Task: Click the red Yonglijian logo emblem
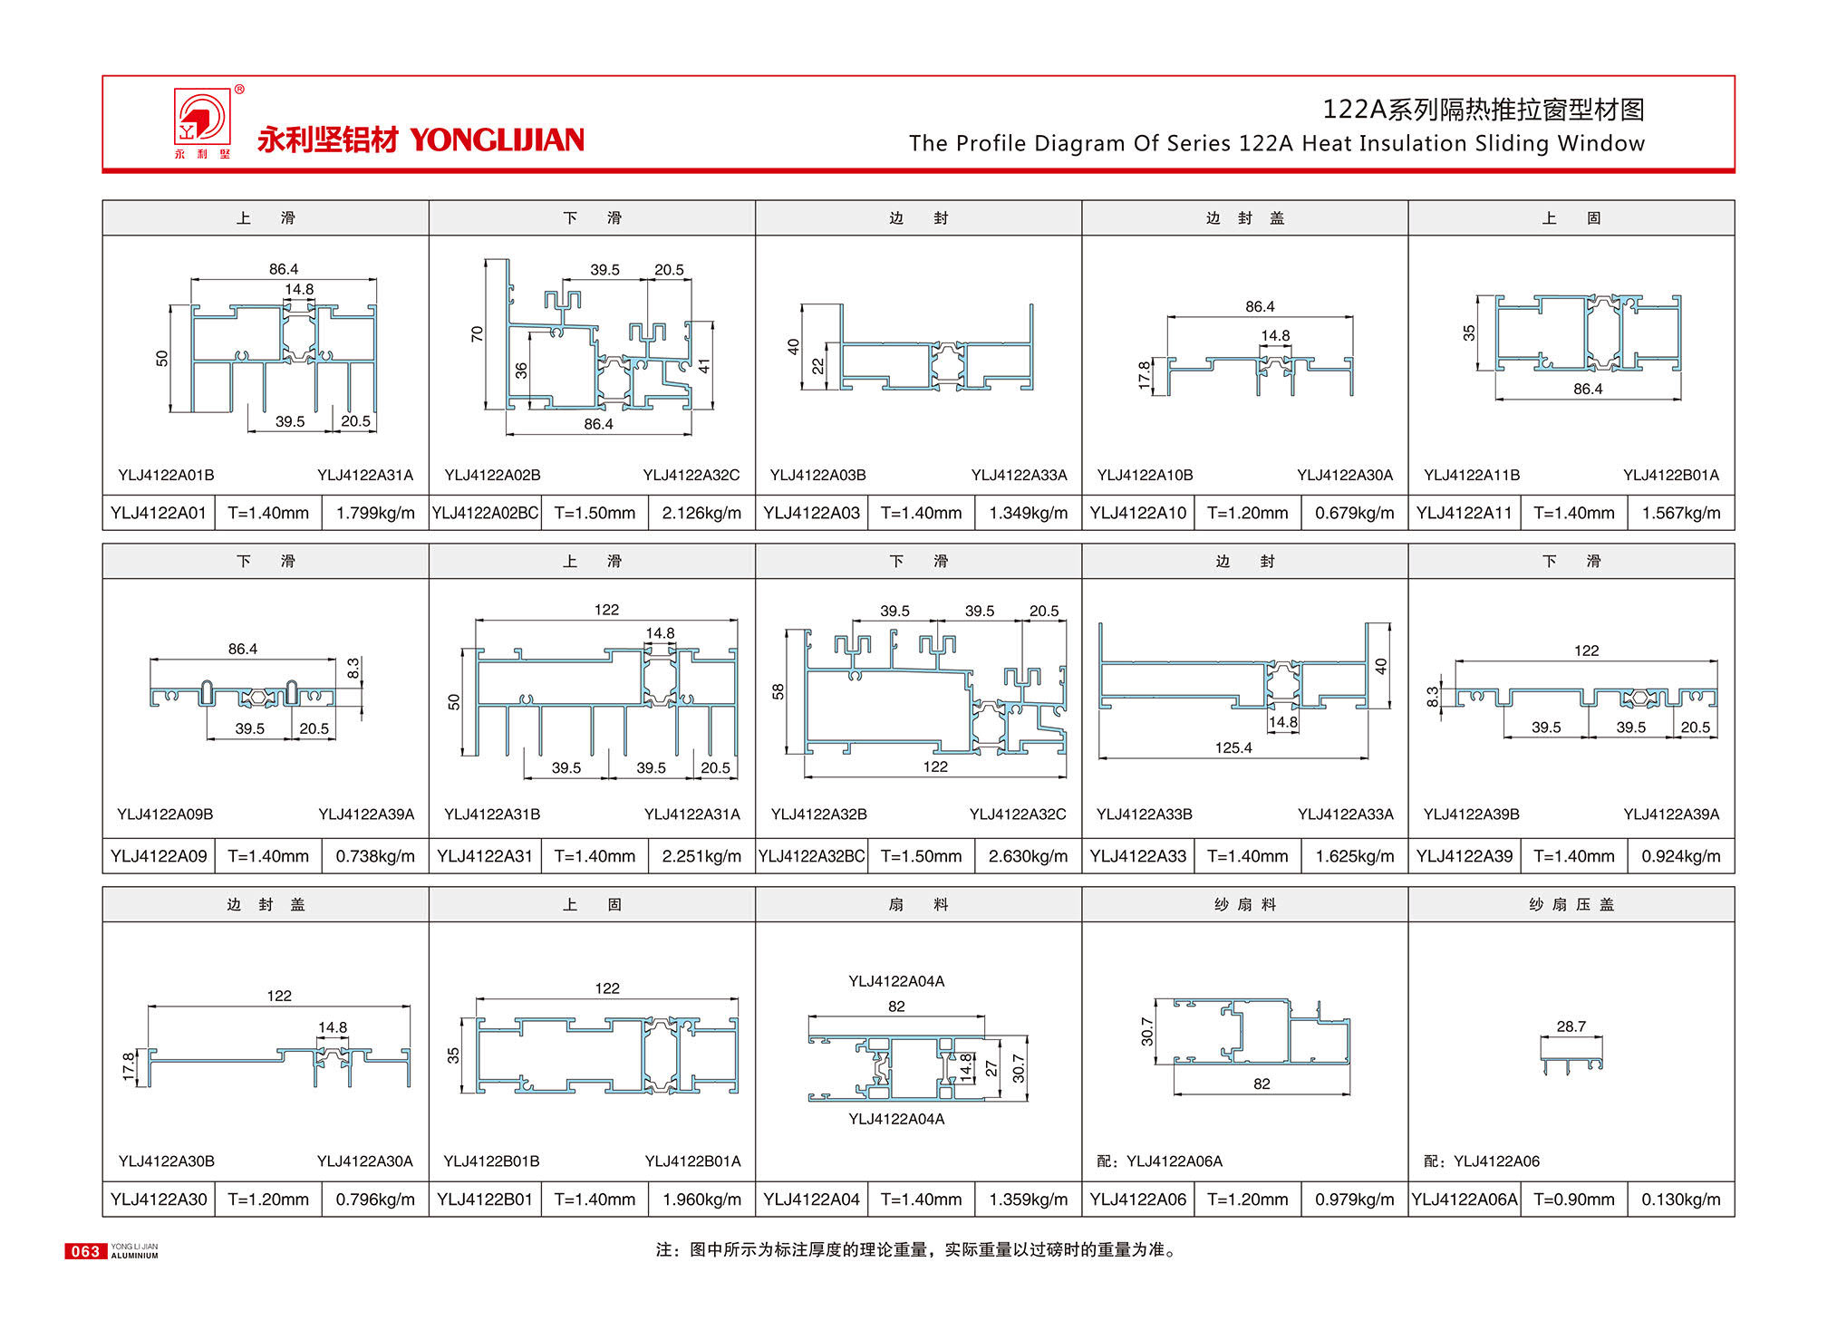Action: point(201,117)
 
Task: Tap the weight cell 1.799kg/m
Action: point(375,513)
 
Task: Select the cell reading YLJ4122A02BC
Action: point(485,513)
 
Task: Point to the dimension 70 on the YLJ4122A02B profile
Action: point(477,333)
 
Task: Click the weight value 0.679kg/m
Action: point(1354,513)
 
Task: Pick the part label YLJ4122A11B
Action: point(1472,475)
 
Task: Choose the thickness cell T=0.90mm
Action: point(1573,1200)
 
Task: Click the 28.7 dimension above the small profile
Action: point(1571,1026)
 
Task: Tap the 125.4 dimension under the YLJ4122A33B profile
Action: point(1233,747)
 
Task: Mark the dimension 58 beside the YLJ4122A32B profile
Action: point(778,691)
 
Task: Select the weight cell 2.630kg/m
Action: point(1028,856)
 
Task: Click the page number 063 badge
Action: point(85,1251)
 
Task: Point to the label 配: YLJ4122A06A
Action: point(1159,1161)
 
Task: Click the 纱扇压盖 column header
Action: point(1571,904)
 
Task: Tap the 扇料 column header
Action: point(918,904)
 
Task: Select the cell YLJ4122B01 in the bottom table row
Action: point(485,1200)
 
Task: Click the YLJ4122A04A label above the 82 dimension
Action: point(896,981)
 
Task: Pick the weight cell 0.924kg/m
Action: point(1680,856)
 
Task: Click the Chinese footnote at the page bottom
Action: point(916,1250)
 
